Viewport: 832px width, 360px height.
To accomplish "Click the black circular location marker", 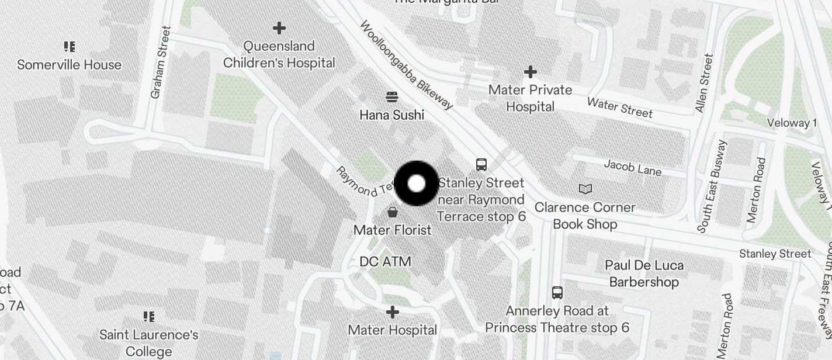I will [417, 184].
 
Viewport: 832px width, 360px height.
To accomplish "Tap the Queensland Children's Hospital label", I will [279, 54].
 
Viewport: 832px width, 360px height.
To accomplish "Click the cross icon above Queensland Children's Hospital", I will [279, 27].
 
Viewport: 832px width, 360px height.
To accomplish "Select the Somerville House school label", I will [69, 64].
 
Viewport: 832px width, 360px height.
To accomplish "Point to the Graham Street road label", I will [160, 62].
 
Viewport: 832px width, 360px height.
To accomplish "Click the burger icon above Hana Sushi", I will [392, 96].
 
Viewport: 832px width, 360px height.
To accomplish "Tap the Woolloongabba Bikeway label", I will [406, 65].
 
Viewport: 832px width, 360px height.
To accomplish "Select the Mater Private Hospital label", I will [530, 98].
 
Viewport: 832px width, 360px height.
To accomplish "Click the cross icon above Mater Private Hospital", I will [530, 72].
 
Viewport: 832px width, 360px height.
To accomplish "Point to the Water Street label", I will [619, 107].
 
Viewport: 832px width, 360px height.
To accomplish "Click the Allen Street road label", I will [704, 83].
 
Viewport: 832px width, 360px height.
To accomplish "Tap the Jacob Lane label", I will [633, 167].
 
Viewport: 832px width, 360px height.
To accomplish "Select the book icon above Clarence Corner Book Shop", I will [585, 189].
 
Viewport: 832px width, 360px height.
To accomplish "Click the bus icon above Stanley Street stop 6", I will [481, 165].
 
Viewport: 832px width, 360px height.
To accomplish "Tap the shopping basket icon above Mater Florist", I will [393, 212].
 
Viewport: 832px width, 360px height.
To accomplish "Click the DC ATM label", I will [385, 261].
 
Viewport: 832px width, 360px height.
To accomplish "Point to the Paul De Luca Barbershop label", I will [644, 274].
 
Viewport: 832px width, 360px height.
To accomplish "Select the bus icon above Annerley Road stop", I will [557, 292].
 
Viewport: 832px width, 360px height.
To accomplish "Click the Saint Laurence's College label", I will [149, 343].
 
